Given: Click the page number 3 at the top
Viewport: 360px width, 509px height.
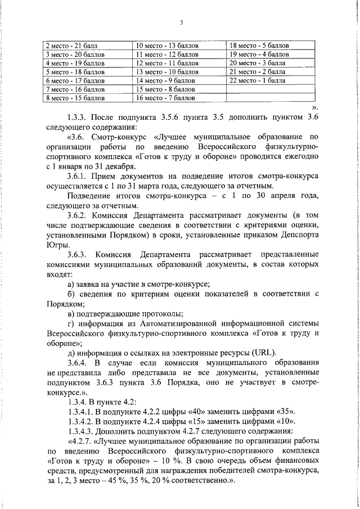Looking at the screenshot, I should coord(181,22).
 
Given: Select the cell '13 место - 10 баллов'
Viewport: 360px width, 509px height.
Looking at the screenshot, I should coord(160,72).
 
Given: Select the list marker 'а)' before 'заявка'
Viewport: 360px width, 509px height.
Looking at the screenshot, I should coord(71,285).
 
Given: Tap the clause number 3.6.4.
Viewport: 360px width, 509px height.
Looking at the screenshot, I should coord(78,363).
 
